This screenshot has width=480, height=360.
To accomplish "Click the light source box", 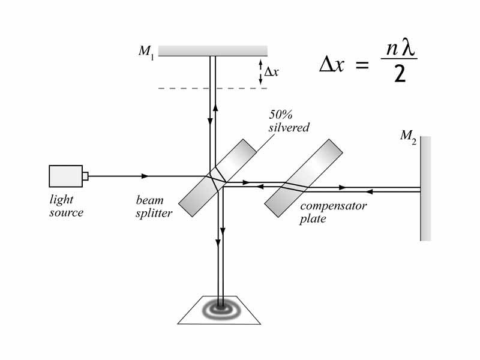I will tap(65, 176).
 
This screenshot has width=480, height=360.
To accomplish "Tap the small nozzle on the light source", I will tap(85, 176).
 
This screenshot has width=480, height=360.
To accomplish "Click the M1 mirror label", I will tap(146, 52).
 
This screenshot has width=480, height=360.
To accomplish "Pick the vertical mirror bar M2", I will tap(425, 188).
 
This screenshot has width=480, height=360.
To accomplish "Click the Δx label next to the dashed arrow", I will tap(272, 71).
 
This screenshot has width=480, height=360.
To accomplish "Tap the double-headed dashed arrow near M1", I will tap(260, 71).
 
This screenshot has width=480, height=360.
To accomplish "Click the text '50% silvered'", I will tap(290, 122).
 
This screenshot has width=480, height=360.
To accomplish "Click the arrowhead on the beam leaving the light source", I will tap(145, 176).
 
